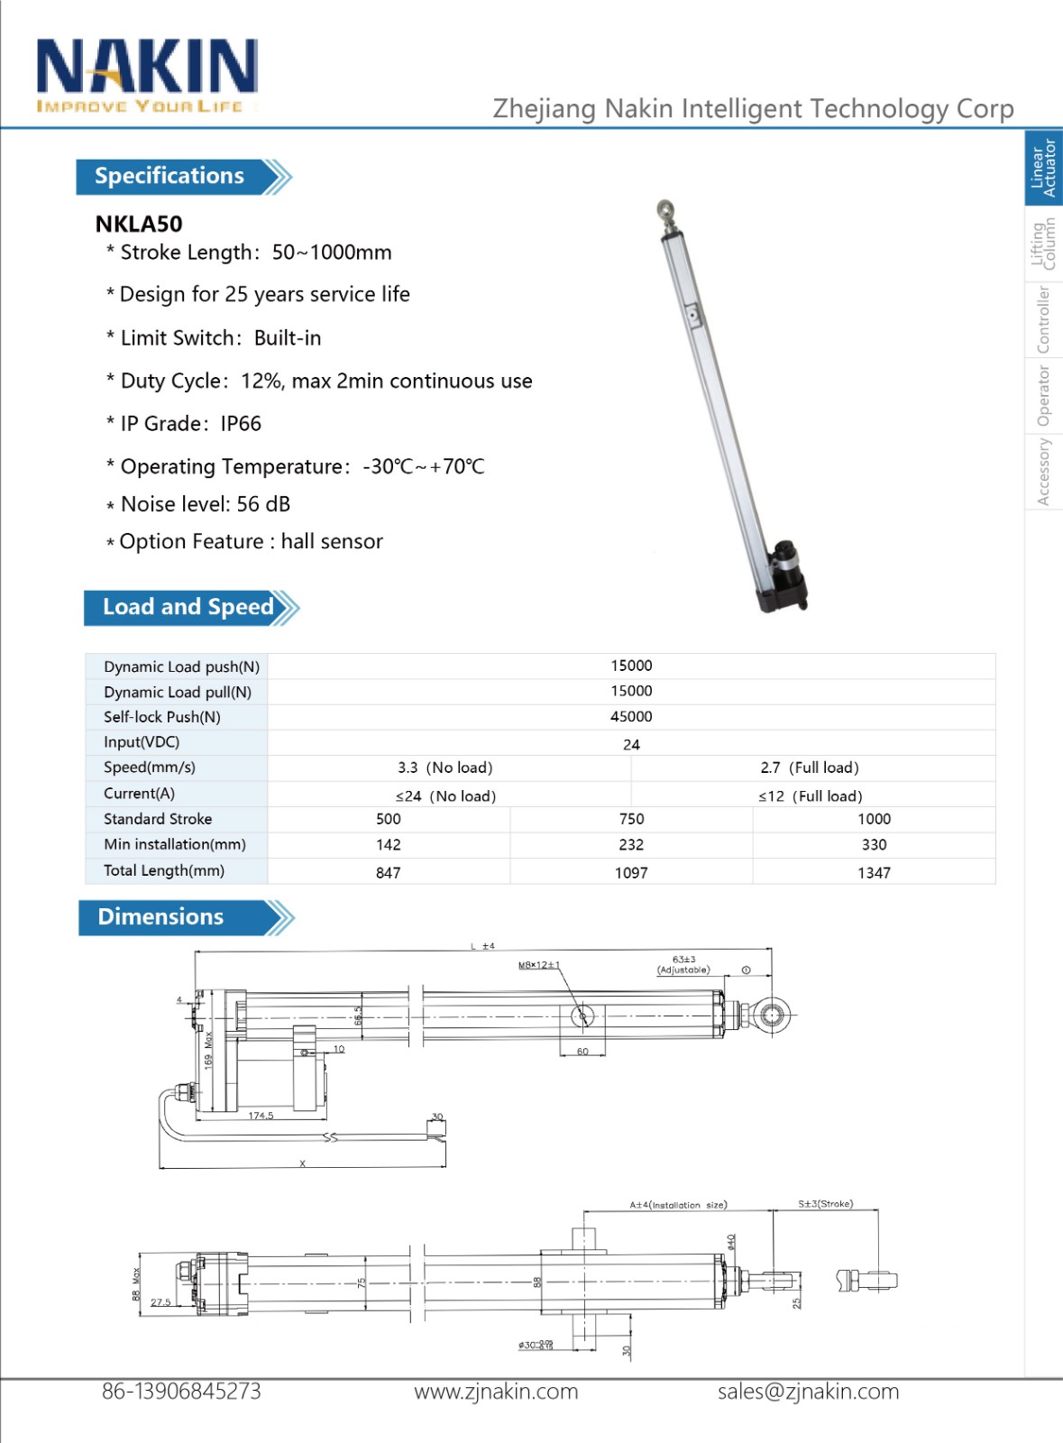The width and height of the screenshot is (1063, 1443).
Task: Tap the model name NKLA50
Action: click(x=139, y=224)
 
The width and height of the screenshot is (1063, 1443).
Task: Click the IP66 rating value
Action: click(x=241, y=424)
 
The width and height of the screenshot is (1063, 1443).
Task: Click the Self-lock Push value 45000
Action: click(x=631, y=717)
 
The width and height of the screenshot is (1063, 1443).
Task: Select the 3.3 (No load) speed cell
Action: click(x=445, y=767)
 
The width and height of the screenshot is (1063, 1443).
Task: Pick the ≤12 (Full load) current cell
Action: click(x=810, y=796)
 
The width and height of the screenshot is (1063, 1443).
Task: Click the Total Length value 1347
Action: click(x=874, y=873)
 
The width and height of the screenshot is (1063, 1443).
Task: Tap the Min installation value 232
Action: click(x=631, y=845)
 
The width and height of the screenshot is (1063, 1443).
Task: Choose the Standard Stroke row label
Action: click(x=158, y=819)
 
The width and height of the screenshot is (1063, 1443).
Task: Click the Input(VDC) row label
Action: click(x=142, y=742)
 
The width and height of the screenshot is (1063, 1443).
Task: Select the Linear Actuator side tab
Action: click(x=1043, y=168)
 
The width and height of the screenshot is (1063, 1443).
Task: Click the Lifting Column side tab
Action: click(x=1043, y=244)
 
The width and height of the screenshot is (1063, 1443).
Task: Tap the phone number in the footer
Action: click(x=181, y=1392)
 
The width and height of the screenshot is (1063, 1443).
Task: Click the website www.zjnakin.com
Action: click(x=496, y=1392)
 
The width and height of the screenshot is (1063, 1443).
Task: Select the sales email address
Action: click(x=808, y=1392)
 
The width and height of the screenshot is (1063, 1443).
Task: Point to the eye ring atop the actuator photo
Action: click(x=664, y=210)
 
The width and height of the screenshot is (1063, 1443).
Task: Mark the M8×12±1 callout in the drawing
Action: click(x=538, y=965)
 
